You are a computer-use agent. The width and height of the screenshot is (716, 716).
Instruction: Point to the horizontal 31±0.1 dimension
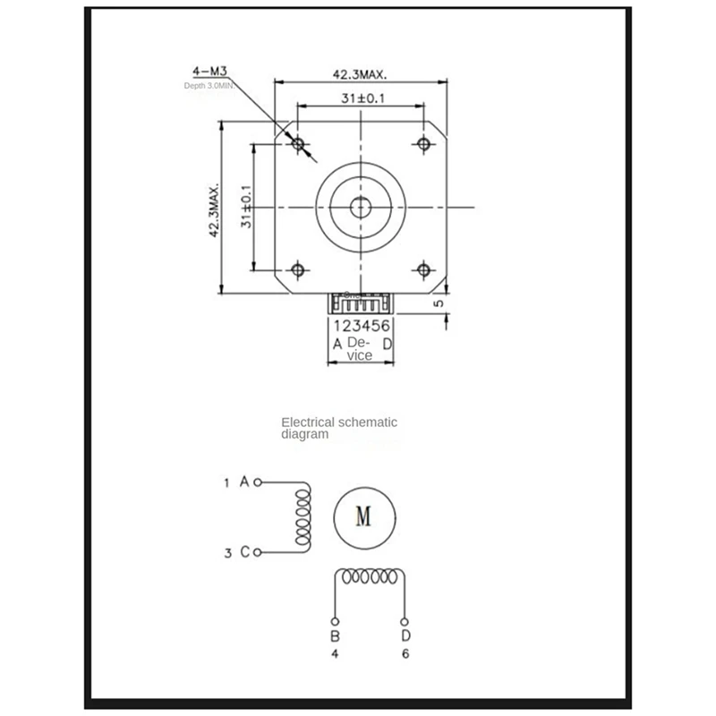coord(358,99)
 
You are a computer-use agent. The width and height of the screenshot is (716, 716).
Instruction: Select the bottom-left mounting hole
coord(298,268)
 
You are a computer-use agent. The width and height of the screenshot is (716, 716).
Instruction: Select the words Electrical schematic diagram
coord(338,427)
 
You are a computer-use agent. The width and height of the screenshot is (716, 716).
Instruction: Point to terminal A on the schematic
coord(258,482)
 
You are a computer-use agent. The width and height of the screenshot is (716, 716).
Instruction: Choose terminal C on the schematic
coord(258,552)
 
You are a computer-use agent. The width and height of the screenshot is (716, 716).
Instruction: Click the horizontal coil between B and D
coord(371,577)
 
